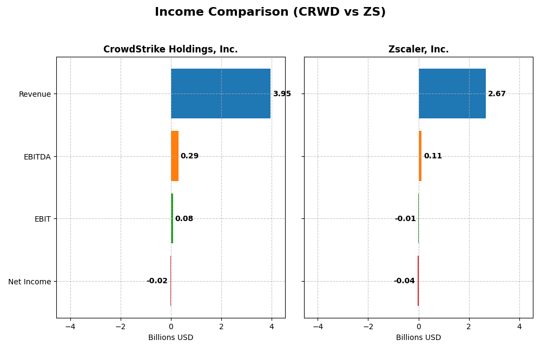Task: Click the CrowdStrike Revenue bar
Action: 221,94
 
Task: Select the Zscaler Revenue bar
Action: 452,94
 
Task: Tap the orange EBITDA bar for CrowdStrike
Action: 175,156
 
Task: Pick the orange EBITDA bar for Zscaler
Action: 420,156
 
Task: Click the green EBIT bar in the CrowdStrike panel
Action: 172,218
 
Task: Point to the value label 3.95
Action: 282,94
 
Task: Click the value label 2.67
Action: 497,94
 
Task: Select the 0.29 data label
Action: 189,156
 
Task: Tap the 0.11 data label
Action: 433,156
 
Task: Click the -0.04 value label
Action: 404,281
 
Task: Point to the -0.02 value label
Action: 157,281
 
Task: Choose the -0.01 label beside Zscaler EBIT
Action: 405,219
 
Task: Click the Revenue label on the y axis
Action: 35,94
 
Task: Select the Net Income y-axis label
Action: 30,282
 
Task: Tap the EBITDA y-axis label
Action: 37,157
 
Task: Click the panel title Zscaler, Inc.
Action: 418,50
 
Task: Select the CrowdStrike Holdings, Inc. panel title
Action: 170,50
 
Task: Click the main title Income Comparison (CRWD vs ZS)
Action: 270,12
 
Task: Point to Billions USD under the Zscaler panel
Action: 418,338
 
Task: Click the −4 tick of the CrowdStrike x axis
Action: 70,326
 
